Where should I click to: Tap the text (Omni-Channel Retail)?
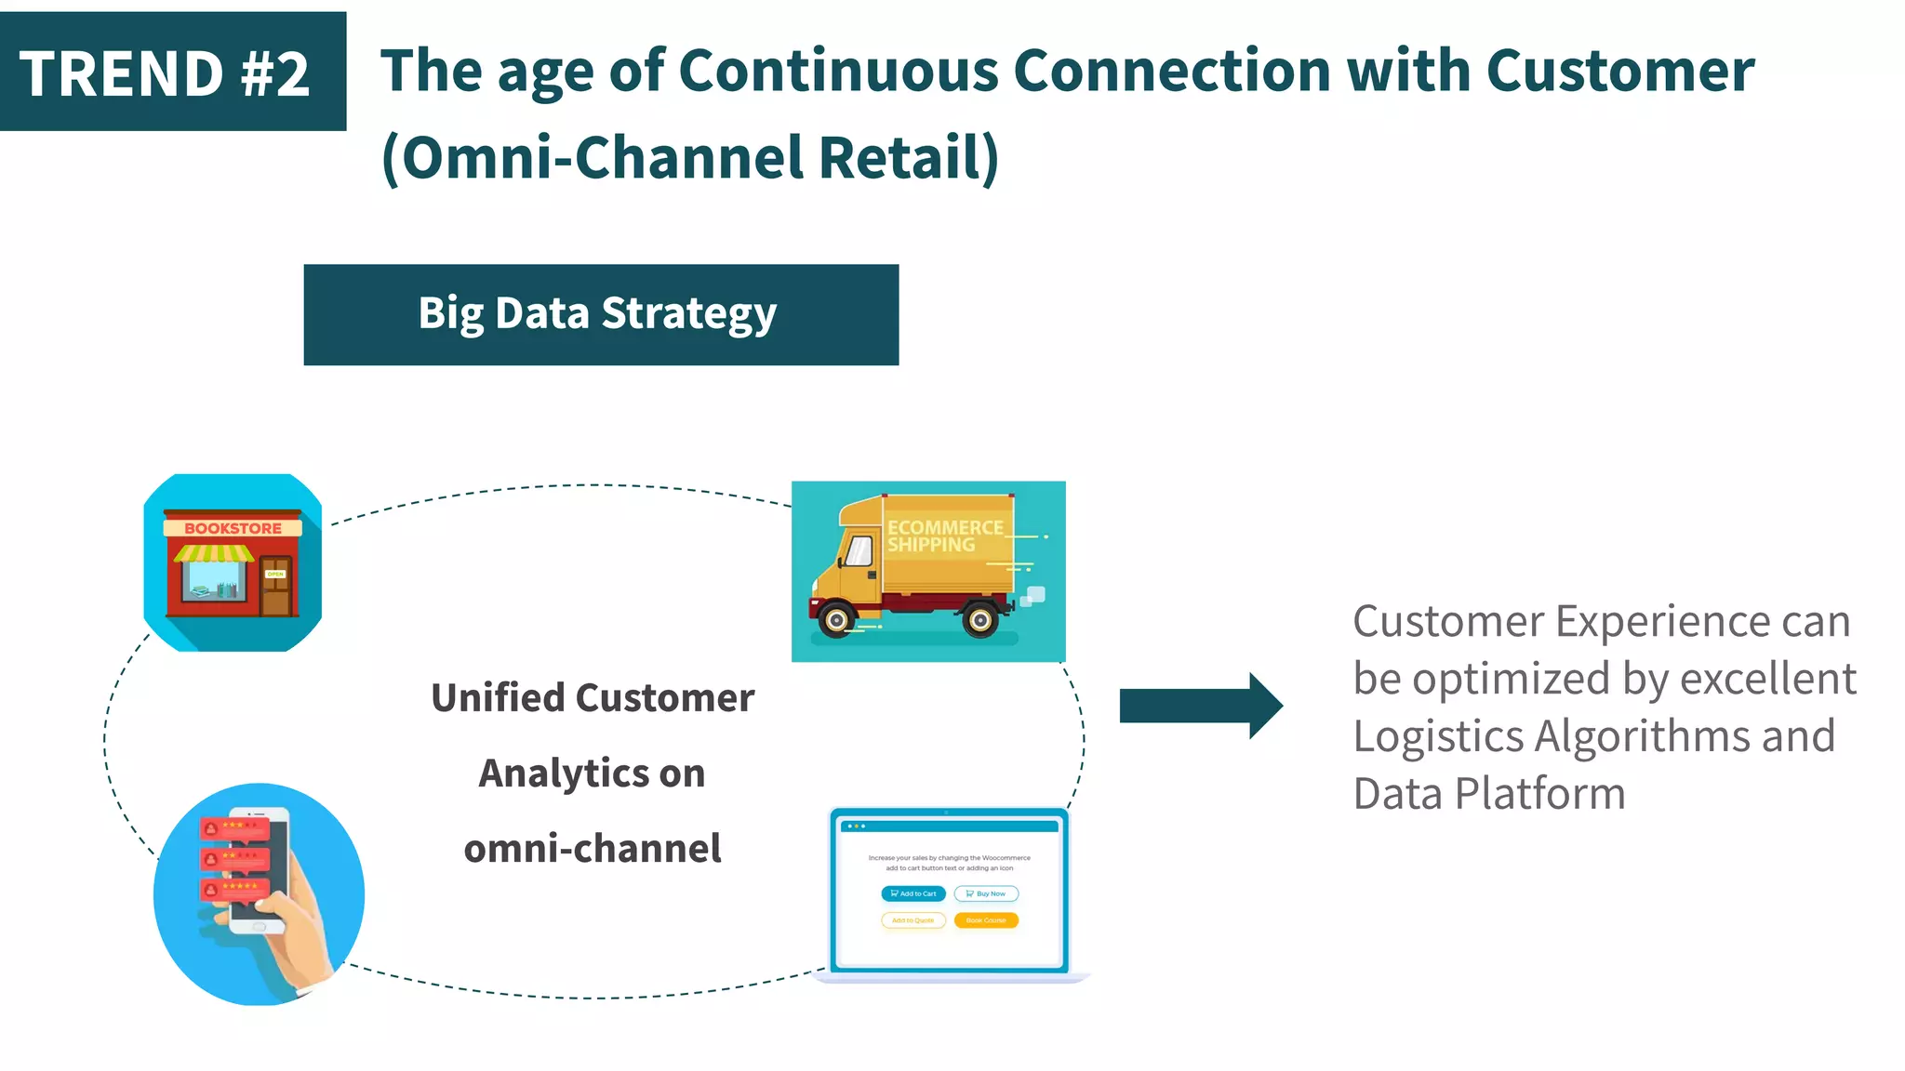tap(690, 157)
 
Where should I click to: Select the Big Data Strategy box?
tap(601, 314)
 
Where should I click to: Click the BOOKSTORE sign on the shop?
tap(233, 528)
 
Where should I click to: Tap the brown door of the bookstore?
tap(275, 587)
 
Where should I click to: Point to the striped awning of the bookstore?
tap(213, 554)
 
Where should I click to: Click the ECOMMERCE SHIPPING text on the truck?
tap(943, 536)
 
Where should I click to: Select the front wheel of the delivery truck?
tap(836, 618)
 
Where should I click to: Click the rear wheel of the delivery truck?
tap(979, 618)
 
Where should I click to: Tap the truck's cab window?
tap(859, 551)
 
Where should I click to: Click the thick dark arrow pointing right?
tap(1199, 706)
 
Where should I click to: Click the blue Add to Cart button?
tap(913, 893)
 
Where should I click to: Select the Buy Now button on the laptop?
tap(986, 893)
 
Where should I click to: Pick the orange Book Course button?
tap(986, 920)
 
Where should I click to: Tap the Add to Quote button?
tap(913, 920)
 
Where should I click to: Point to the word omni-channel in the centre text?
tap(593, 849)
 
